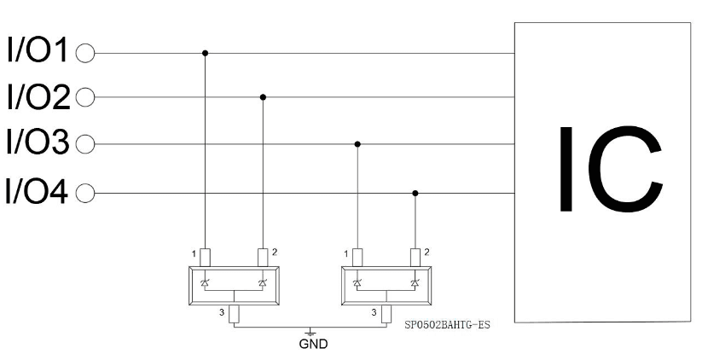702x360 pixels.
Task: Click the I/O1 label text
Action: point(38,49)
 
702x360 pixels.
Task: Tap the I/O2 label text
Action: point(38,96)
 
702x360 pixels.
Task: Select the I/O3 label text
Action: point(38,142)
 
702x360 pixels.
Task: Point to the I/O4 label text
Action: point(37,191)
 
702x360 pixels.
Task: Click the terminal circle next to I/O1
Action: point(85,53)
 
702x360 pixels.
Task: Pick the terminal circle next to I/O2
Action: point(85,97)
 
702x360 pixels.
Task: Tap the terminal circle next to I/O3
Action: point(85,144)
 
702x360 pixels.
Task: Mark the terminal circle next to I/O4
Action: point(85,194)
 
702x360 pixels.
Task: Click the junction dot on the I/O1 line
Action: point(205,53)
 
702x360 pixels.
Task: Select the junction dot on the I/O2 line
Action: point(263,97)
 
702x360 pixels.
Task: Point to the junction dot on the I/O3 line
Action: point(357,144)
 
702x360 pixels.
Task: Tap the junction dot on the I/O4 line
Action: point(415,194)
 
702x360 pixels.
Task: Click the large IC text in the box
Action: point(611,169)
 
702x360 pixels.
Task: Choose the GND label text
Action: point(313,344)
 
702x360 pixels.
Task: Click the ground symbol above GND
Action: point(310,332)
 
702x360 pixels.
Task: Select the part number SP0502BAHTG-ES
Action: point(447,325)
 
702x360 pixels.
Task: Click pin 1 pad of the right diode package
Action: point(357,258)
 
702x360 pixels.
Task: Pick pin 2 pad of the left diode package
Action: point(263,258)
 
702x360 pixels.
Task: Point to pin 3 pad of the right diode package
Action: point(386,314)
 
